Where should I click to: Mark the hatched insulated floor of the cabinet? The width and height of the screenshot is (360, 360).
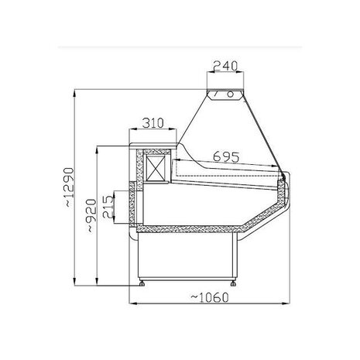point(186,230)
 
